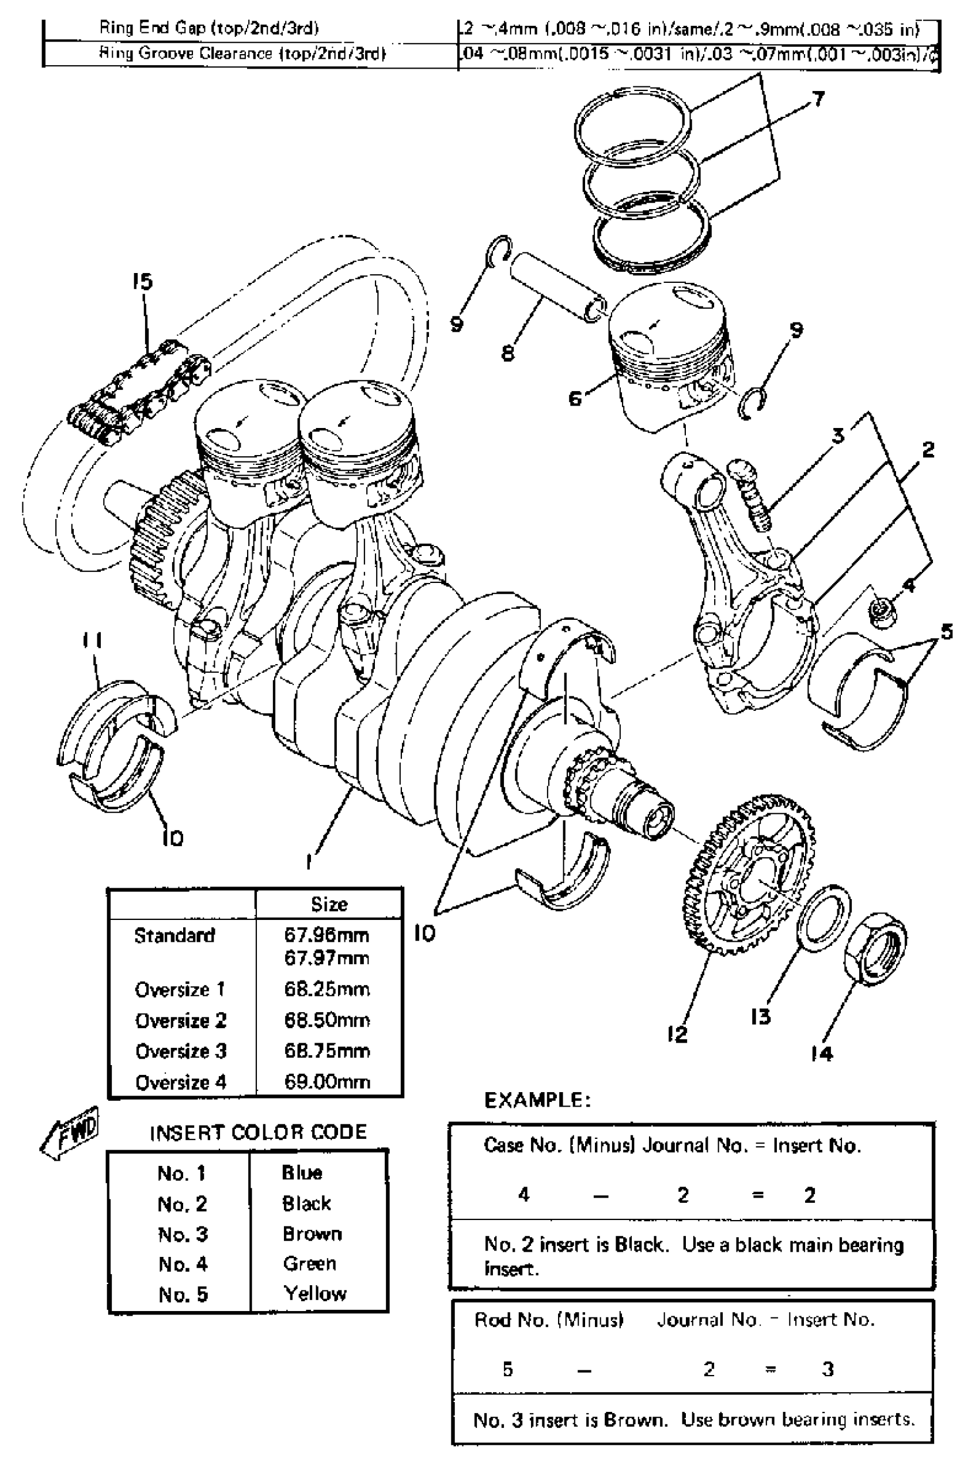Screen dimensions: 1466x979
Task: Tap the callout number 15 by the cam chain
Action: (x=142, y=282)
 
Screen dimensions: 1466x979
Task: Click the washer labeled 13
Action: (x=824, y=918)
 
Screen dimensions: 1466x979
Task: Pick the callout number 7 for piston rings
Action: (x=818, y=99)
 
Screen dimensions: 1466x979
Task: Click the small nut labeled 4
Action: (x=883, y=609)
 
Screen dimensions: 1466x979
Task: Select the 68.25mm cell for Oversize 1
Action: (x=327, y=990)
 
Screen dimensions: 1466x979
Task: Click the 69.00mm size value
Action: (x=327, y=1082)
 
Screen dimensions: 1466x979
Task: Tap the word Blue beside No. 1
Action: (x=302, y=1173)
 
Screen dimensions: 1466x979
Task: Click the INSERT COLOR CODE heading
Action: (x=258, y=1132)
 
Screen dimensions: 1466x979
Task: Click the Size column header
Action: (x=329, y=904)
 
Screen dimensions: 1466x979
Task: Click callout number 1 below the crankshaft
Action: (x=309, y=862)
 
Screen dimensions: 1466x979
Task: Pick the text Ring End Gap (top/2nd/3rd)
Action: (x=209, y=28)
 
